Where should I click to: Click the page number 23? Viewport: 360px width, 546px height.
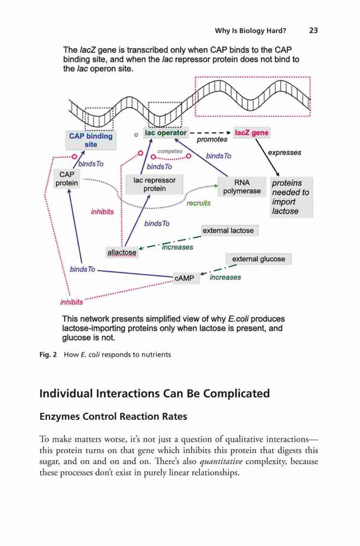click(314, 31)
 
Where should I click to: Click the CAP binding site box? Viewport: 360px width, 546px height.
click(91, 140)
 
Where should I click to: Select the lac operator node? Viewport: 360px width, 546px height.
click(166, 133)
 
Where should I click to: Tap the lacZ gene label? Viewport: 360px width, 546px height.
click(252, 133)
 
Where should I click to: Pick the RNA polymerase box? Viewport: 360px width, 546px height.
click(242, 187)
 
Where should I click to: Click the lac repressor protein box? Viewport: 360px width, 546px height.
click(155, 185)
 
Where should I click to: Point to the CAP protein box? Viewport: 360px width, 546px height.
click(67, 179)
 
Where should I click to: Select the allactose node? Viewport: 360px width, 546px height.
click(122, 252)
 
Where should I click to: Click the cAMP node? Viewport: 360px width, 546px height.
click(184, 278)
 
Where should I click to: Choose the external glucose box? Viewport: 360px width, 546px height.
click(258, 259)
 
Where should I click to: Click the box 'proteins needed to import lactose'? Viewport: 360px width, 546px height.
click(291, 197)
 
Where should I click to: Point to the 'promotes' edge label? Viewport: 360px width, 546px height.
click(212, 140)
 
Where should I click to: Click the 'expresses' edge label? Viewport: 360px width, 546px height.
click(285, 152)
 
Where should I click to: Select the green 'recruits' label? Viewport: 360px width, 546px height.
click(198, 203)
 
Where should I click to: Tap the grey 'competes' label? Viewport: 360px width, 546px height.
click(170, 151)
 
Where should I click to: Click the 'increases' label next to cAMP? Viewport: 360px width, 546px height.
click(225, 277)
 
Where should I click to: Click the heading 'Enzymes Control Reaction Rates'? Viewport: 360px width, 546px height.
click(113, 417)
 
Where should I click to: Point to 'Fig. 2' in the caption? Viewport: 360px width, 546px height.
click(48, 355)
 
